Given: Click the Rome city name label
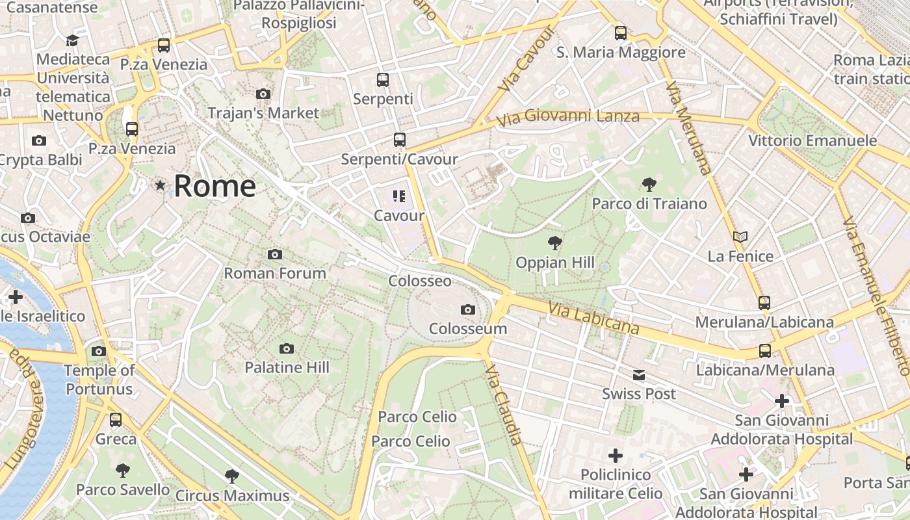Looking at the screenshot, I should click(x=214, y=186).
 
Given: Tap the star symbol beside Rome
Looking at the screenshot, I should click(x=160, y=186).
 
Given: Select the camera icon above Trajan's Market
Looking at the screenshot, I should click(x=263, y=94).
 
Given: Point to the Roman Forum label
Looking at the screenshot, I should click(x=275, y=273).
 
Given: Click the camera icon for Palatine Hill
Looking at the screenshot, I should click(x=287, y=349).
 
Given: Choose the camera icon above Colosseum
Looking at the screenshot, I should click(x=467, y=310).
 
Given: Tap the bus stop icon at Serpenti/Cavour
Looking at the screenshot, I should click(x=399, y=140).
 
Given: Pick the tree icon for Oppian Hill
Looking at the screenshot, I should click(x=554, y=244).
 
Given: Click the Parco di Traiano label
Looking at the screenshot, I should click(x=649, y=203).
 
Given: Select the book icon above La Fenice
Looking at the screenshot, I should click(x=740, y=237).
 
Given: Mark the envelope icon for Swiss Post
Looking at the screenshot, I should click(x=639, y=375).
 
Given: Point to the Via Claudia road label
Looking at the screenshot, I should click(x=504, y=404).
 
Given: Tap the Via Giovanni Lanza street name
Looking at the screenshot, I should click(x=567, y=118).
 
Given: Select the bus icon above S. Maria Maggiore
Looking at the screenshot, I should click(x=621, y=33).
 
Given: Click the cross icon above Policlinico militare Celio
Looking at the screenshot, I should click(x=615, y=456).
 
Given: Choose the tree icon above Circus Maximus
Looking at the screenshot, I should click(x=231, y=476).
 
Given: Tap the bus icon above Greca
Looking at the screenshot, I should click(x=116, y=420).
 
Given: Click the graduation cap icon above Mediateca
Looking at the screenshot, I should click(x=72, y=41).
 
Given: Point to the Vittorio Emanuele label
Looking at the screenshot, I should click(x=812, y=141).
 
